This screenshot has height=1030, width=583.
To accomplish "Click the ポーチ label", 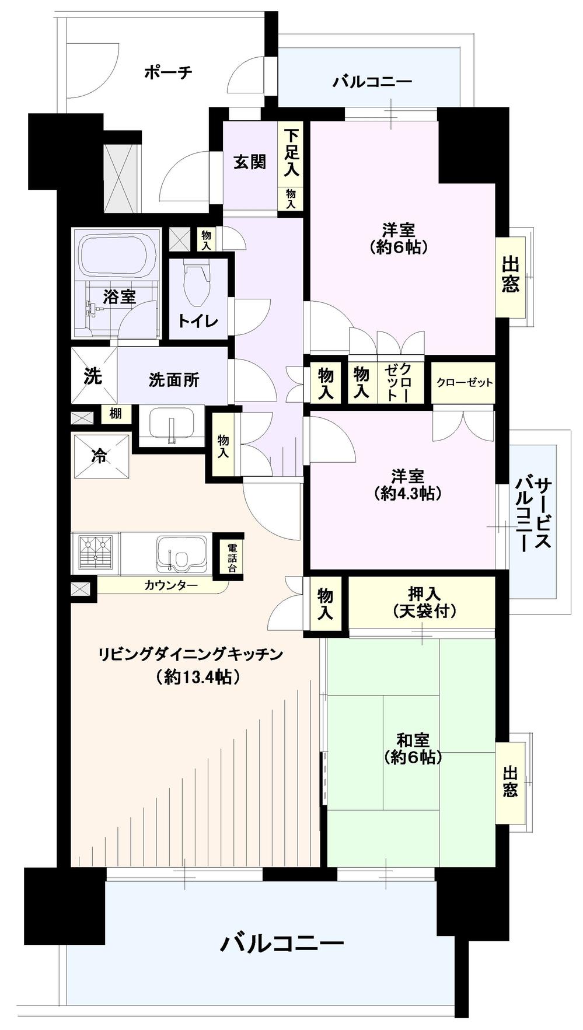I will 168,73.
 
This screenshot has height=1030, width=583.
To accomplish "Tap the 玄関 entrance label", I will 250,162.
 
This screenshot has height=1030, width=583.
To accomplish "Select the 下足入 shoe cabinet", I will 291,153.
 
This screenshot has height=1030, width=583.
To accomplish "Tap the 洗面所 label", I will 173,380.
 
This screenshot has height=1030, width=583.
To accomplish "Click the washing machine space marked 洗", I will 93,376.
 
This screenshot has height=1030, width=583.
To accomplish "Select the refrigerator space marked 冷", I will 100,456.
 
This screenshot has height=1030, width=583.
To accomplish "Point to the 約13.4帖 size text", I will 198,677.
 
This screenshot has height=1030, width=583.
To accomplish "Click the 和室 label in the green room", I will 413,741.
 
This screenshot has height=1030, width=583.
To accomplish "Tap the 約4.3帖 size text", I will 407,494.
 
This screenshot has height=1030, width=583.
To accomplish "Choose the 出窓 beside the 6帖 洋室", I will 510,275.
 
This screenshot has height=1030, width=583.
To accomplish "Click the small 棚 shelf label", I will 116,414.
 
